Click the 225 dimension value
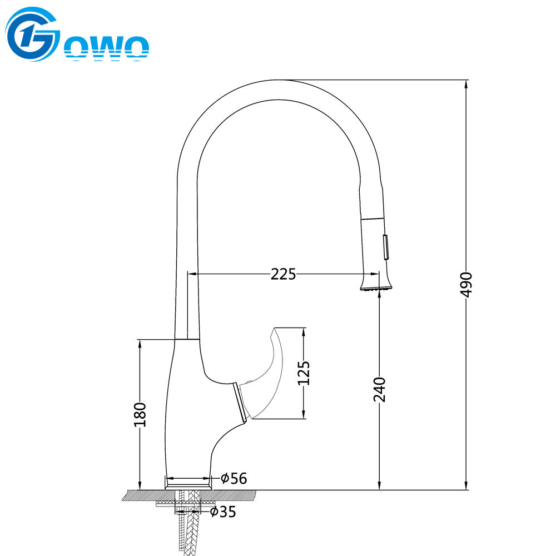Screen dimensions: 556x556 tap(283, 274)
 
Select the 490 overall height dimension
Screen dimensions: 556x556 tap(466, 284)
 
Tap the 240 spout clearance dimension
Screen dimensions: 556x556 tap(379, 389)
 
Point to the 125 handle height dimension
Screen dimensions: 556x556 tap(304, 373)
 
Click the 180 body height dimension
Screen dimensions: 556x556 tap(140, 414)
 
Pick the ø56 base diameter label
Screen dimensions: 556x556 tap(234, 478)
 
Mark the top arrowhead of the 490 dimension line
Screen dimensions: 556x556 tap(466, 83)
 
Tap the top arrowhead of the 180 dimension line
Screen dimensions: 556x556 tap(140, 343)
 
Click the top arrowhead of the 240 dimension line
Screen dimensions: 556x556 tap(379, 295)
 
